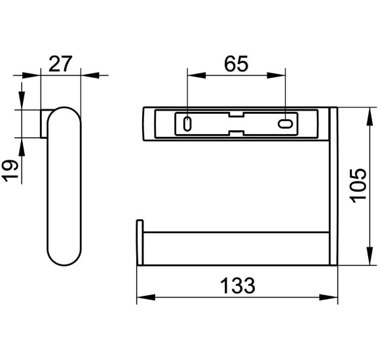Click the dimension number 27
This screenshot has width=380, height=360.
60,64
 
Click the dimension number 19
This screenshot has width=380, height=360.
10,170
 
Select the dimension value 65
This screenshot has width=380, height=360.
236,64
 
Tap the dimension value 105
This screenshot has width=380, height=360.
358,185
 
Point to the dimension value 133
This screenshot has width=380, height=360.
237,285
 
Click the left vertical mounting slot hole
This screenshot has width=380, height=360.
187,124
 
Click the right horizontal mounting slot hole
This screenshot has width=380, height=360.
285,124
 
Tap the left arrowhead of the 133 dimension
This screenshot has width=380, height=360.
146,297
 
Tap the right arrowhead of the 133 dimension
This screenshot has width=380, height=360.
328,297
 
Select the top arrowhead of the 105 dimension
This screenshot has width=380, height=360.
370,117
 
